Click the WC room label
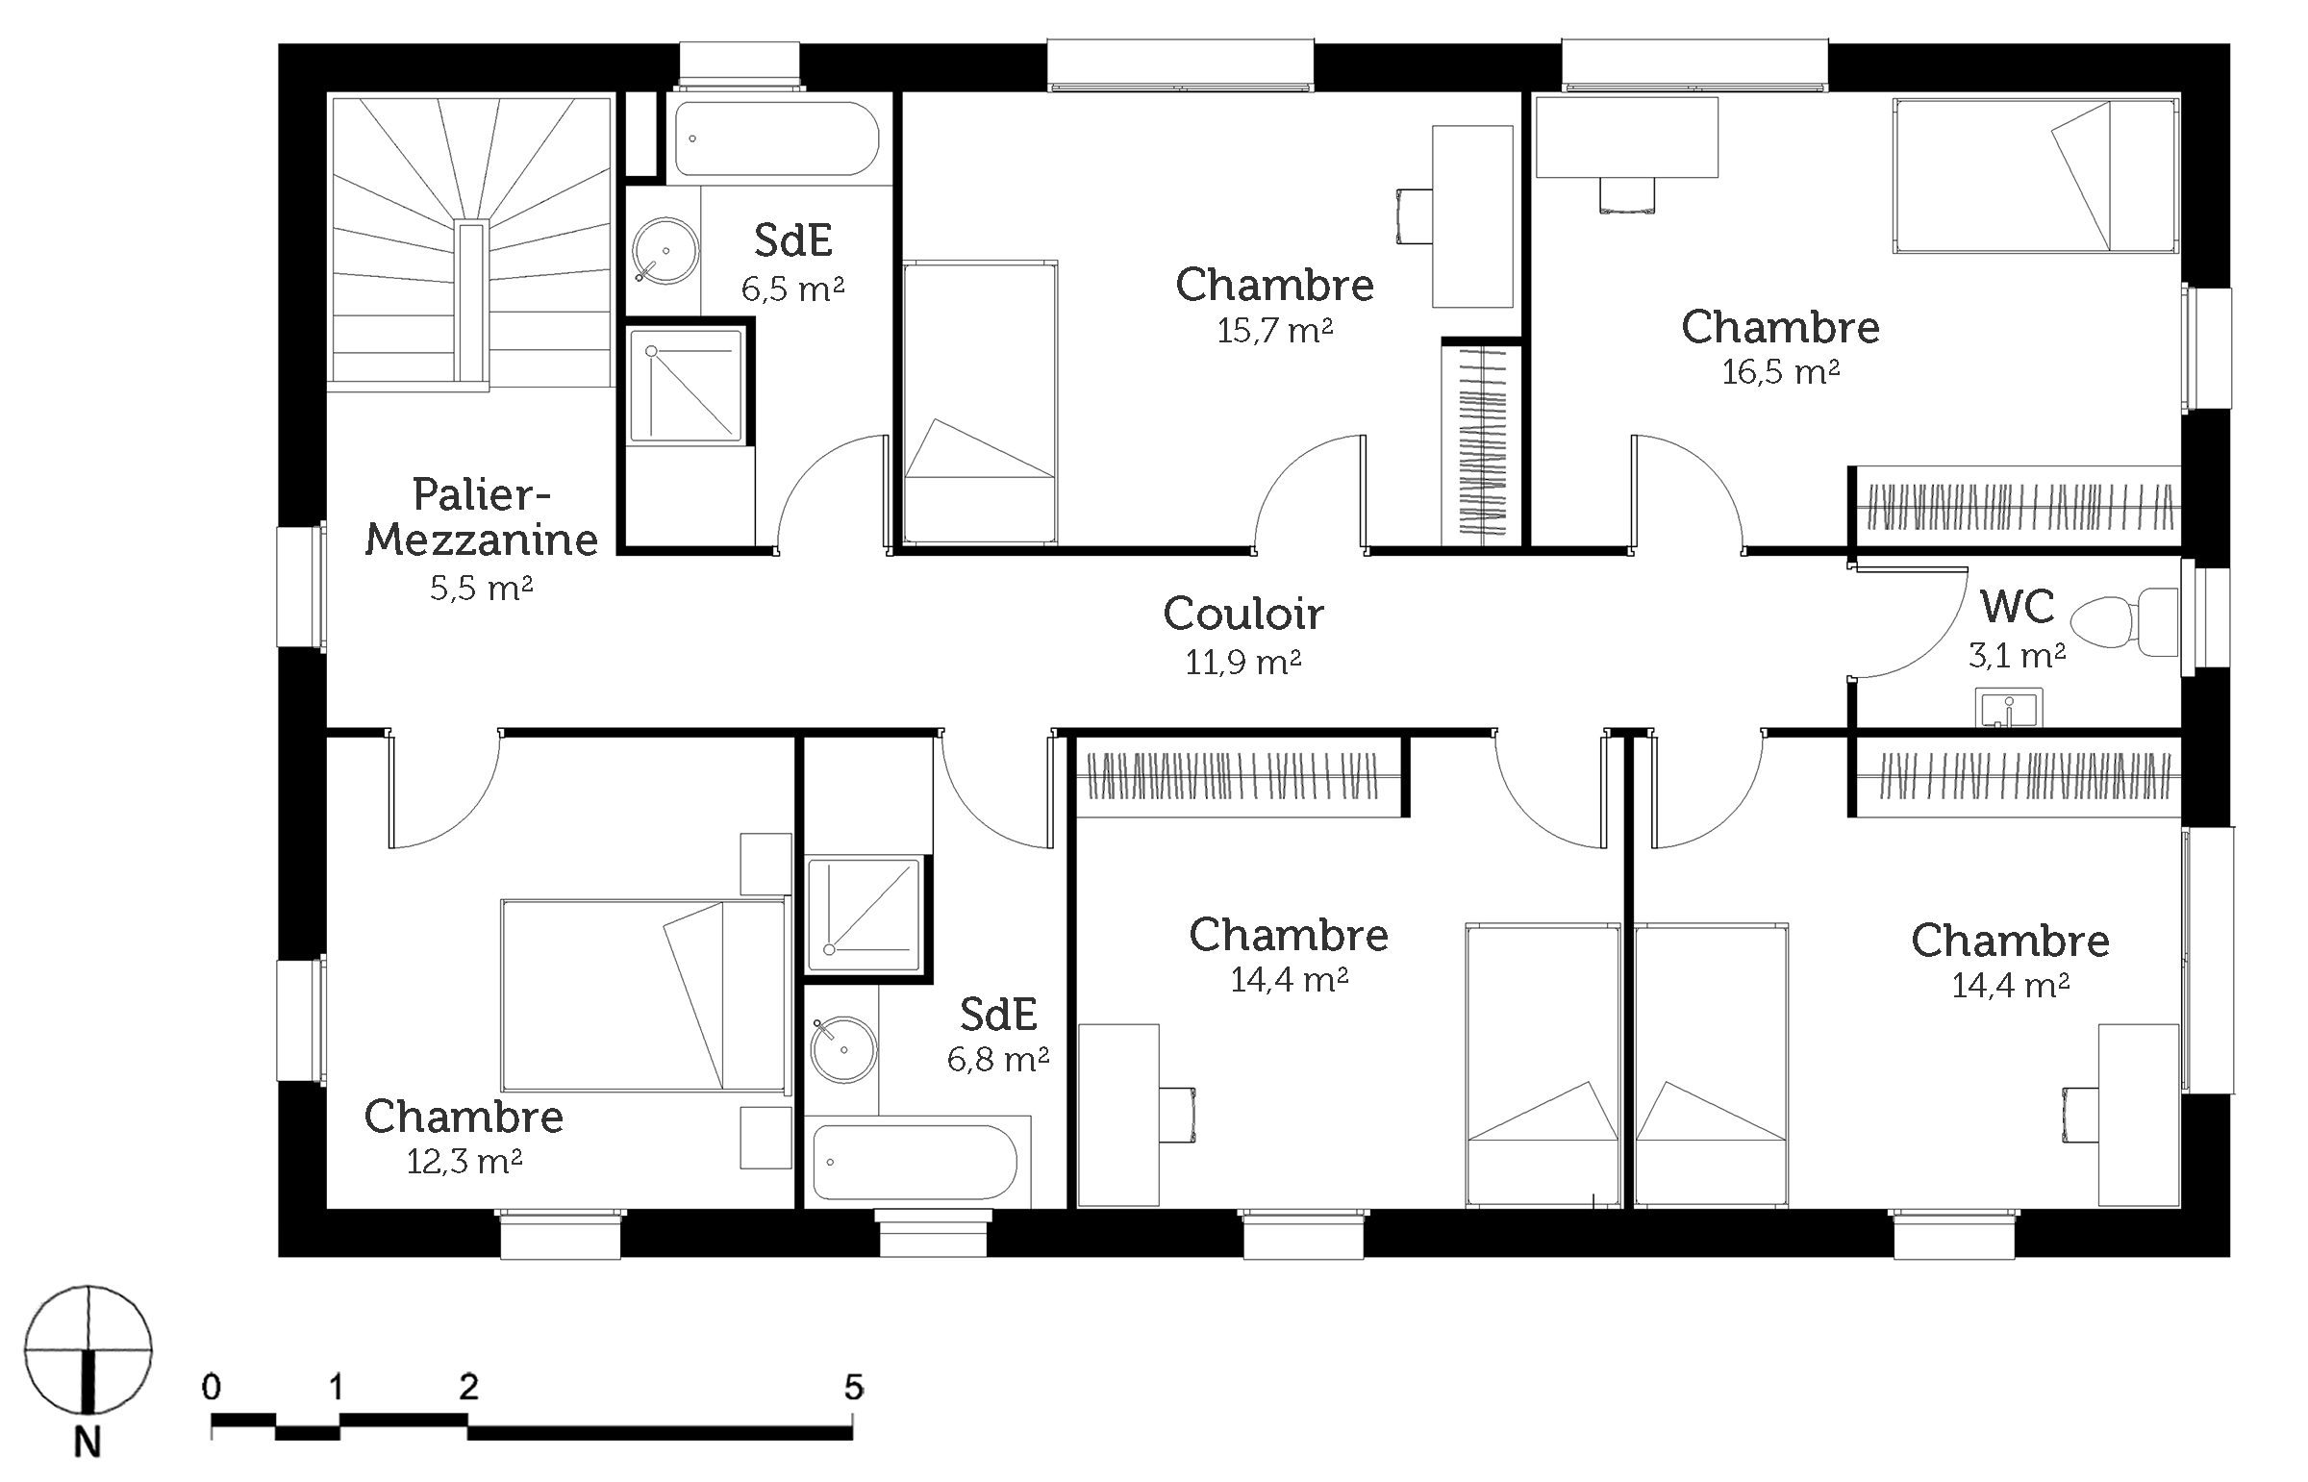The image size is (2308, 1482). coord(2017,607)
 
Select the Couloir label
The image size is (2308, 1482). coord(1243,614)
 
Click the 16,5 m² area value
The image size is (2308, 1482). coord(1780,371)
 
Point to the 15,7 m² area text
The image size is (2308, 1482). coord(1275,331)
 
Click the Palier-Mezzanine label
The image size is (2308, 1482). coord(481,516)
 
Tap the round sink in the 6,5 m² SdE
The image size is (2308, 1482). coord(665,251)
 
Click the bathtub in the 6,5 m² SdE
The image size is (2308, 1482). coord(776,138)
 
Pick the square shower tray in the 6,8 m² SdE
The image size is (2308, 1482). coord(864,915)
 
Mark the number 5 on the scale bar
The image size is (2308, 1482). coord(853,1387)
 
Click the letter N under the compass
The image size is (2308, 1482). coord(88,1444)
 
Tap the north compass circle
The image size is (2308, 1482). coord(88,1349)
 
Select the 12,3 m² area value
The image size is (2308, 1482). coord(464,1163)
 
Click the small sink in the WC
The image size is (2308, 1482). coord(2009,707)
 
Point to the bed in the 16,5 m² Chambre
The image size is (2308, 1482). coord(2036,175)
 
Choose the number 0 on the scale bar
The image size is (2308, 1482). coord(212,1387)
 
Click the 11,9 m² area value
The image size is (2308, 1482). coord(1243,663)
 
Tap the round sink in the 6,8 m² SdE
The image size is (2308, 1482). coord(842,1050)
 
